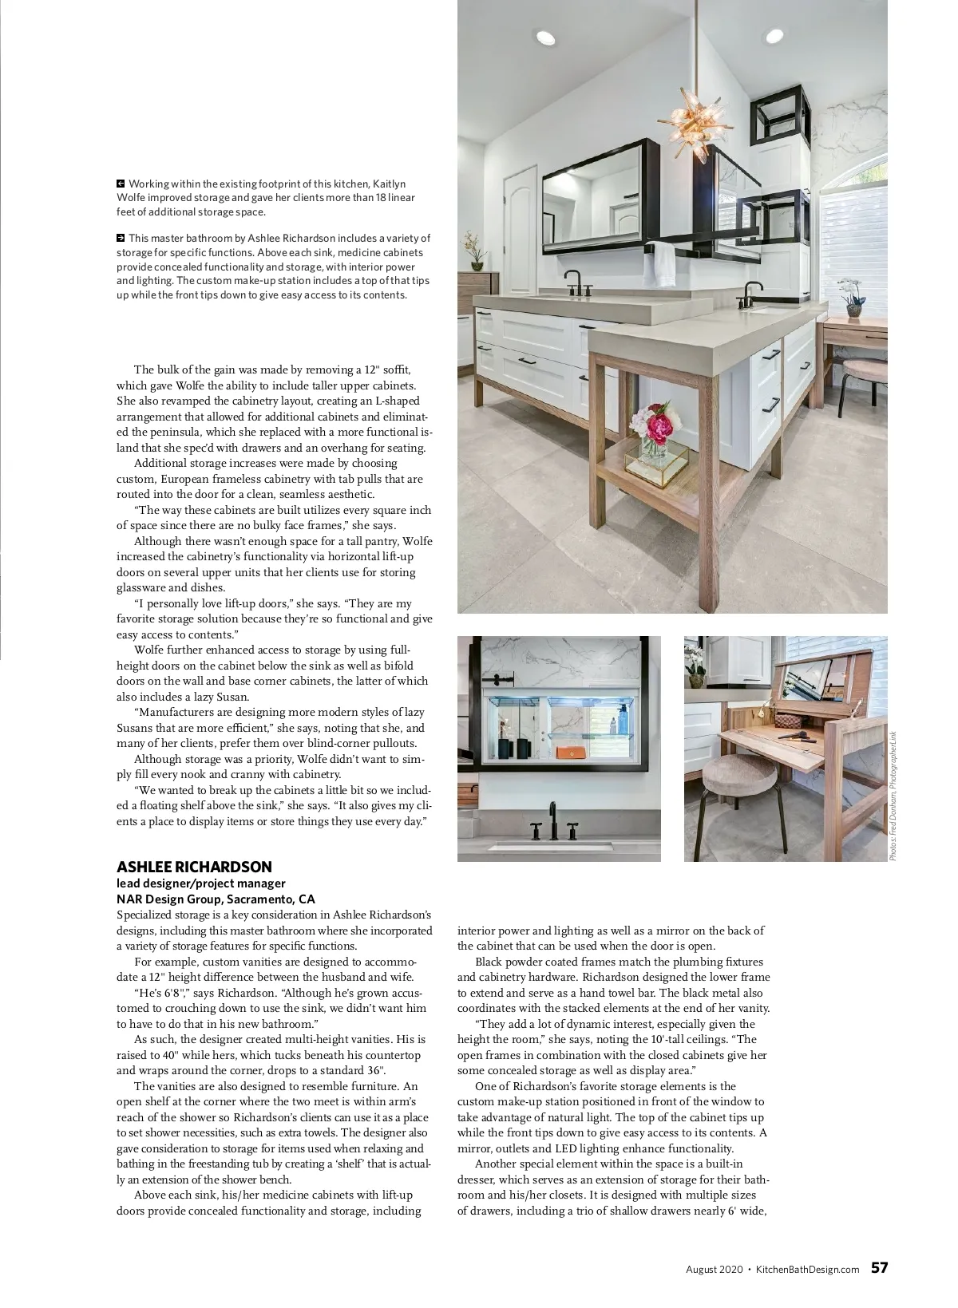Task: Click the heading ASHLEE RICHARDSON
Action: (194, 867)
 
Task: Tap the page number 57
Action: (879, 1268)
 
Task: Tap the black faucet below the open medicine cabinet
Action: (552, 822)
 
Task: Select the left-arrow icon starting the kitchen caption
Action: (121, 184)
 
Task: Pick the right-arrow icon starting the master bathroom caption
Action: (121, 237)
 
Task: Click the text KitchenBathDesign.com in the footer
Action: (807, 1269)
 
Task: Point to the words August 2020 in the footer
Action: (714, 1269)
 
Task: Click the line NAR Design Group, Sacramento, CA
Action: (216, 899)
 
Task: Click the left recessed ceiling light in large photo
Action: (545, 37)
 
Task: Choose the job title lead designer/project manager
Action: (200, 883)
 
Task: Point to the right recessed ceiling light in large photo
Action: (774, 36)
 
